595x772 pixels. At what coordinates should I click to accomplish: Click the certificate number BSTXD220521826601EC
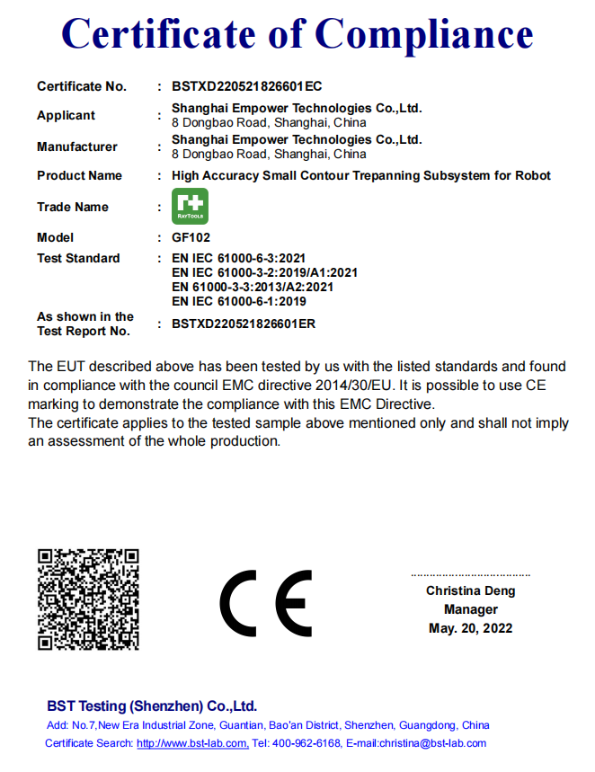[246, 86]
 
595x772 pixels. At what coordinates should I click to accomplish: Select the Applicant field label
[66, 115]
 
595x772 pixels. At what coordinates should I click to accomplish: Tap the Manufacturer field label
[76, 146]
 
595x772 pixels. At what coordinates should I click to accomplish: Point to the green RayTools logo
[190, 207]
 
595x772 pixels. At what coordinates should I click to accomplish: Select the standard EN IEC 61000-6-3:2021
[238, 258]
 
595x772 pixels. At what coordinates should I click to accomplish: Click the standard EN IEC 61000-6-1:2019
[238, 301]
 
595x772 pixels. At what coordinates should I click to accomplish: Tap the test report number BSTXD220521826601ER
[244, 324]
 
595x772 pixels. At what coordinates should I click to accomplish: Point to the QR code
[88, 599]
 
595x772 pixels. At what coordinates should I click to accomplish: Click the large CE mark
[266, 603]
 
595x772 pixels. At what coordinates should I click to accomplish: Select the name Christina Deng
[470, 590]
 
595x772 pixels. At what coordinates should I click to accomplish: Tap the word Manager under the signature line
[470, 609]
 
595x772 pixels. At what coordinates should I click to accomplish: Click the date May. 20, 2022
[470, 628]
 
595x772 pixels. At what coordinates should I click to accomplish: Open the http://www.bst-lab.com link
[191, 743]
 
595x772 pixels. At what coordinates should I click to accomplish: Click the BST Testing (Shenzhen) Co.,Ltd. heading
[152, 705]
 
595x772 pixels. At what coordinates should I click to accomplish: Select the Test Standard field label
[78, 258]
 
